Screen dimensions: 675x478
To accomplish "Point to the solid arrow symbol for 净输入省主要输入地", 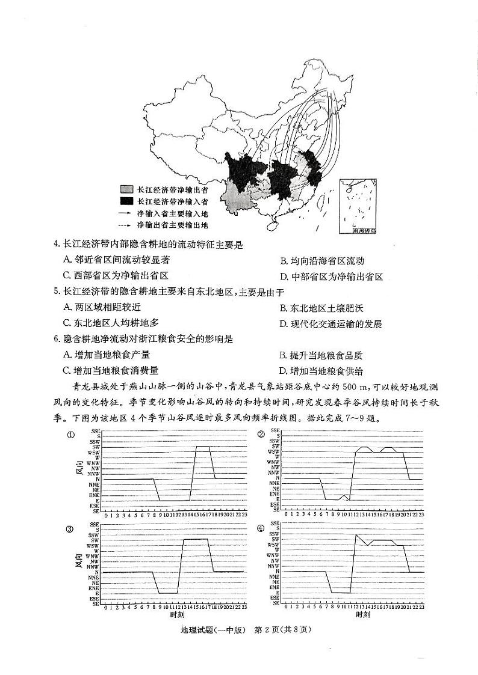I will (125, 213).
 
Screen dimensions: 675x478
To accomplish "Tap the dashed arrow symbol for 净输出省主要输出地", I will (125, 225).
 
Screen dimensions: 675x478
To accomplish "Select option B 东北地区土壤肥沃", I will (321, 308).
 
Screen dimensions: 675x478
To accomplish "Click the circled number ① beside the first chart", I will (70, 435).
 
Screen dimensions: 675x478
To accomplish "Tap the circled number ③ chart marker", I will (70, 529).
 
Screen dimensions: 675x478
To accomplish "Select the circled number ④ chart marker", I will (261, 528).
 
